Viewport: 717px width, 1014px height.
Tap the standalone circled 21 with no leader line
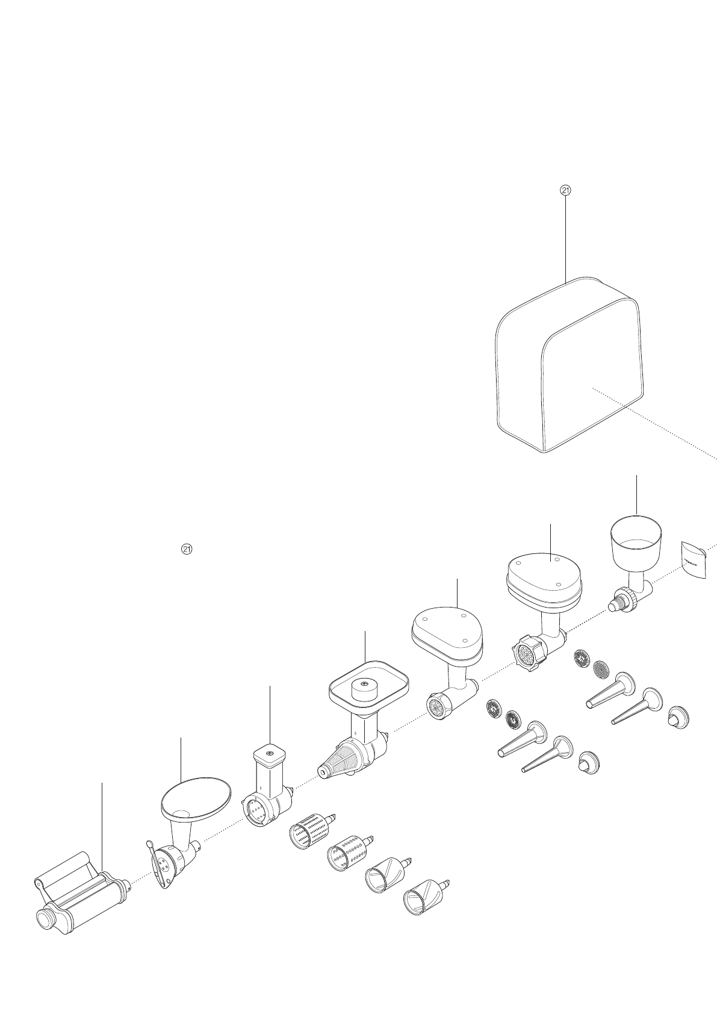[x=187, y=549]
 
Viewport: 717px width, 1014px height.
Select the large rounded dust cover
[x=569, y=367]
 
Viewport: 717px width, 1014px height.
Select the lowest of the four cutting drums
[x=423, y=898]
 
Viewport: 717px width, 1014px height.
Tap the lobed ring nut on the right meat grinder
[x=528, y=652]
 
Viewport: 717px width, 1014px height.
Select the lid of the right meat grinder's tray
[x=544, y=567]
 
